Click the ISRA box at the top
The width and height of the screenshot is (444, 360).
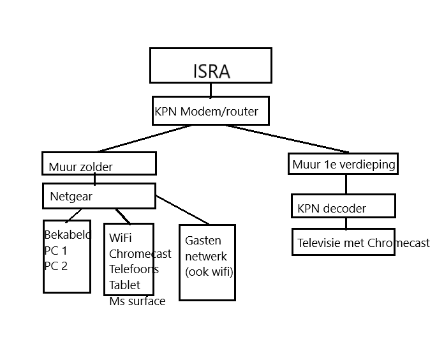point(211,65)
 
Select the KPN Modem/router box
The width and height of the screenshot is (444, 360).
point(210,111)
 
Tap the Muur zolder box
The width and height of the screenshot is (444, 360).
point(99,163)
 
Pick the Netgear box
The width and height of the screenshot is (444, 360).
point(99,196)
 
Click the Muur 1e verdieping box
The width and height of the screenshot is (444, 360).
point(344,165)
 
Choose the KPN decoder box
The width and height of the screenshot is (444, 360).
point(343,206)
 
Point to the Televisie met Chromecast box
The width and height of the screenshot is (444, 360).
point(344,243)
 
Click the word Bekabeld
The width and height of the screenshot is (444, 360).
point(67,236)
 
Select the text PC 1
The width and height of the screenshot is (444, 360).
point(56,251)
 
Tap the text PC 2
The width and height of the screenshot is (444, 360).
point(56,266)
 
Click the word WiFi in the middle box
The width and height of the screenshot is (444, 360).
point(121,238)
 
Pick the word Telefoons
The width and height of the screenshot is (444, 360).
point(134,269)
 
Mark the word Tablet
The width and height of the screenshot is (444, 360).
point(124,285)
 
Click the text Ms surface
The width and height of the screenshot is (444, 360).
point(137,301)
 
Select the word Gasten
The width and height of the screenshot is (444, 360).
point(203,241)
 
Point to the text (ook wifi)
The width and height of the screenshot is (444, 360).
point(209,271)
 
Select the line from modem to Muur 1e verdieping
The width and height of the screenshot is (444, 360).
point(287,139)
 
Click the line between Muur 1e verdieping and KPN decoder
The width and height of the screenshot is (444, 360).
point(346,184)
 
